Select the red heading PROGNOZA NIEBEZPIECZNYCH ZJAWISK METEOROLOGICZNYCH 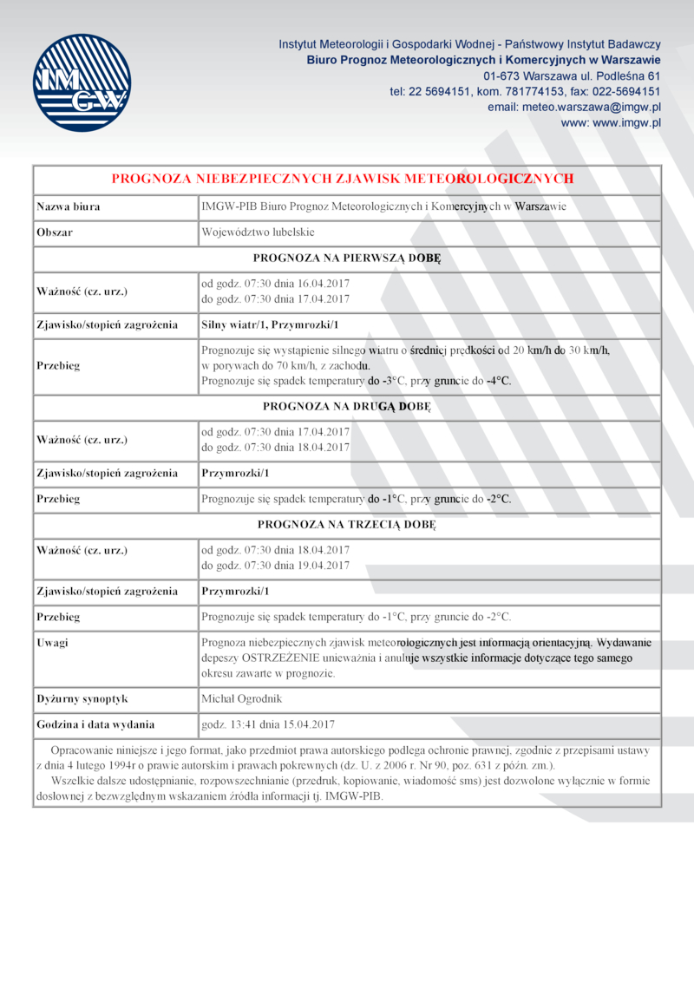tap(343, 179)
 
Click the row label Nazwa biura tap(69, 207)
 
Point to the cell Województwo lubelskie tap(258, 232)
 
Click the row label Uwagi tap(53, 643)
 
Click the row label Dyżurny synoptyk tap(82, 698)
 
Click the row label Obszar tap(55, 232)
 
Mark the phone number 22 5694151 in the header tap(440, 91)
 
